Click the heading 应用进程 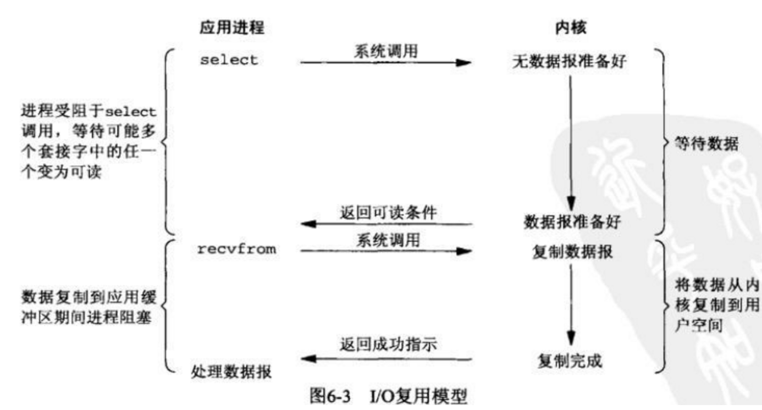(232, 27)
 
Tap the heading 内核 (571, 27)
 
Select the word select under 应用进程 (229, 60)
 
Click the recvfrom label (237, 249)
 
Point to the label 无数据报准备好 (569, 62)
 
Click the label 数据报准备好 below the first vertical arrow (572, 221)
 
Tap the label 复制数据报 (572, 252)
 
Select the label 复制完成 (570, 361)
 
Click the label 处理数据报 (231, 372)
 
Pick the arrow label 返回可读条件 (388, 213)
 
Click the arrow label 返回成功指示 (388, 345)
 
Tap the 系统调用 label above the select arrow (386, 51)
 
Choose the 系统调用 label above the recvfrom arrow (388, 240)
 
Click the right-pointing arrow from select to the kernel (386, 63)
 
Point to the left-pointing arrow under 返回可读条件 (386, 224)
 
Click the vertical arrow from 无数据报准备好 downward (571, 143)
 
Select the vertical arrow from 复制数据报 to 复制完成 (571, 305)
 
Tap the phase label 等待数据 (706, 143)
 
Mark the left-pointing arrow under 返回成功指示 (386, 359)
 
